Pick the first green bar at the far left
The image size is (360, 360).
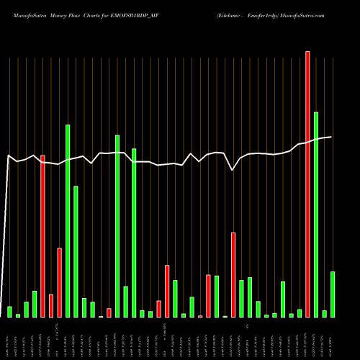point(9,312)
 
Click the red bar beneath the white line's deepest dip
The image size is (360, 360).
point(233,274)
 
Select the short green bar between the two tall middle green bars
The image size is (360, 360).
point(125,302)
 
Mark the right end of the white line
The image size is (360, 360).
point(331,137)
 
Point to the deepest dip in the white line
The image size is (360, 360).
point(232,170)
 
